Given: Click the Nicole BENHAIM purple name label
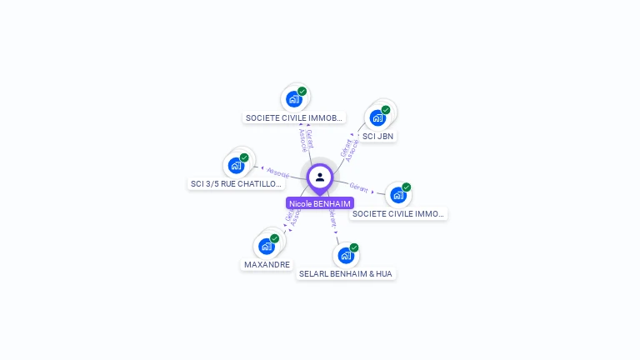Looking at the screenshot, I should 320,203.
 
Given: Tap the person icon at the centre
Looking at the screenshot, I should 320,177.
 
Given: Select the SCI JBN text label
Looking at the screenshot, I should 378,136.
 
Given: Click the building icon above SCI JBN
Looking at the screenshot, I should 377,117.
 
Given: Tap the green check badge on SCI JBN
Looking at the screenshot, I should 386,109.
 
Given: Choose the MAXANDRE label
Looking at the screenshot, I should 267,264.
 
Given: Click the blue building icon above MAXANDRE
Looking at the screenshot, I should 266,246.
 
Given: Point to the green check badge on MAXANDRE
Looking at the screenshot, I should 274,238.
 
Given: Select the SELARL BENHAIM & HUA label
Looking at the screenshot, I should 346,273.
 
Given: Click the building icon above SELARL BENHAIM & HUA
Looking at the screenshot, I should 345,255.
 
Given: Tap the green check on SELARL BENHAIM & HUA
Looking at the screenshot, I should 354,247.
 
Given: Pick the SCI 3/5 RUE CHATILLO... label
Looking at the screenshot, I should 237,183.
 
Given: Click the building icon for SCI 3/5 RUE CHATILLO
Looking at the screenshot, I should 236,165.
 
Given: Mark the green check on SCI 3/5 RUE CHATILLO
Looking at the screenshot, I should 244,157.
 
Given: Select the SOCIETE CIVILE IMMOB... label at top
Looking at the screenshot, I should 293,118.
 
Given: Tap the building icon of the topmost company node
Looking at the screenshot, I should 293,99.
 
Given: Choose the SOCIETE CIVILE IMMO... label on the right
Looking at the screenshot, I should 398,214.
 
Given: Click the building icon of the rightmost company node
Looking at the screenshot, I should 397,195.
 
